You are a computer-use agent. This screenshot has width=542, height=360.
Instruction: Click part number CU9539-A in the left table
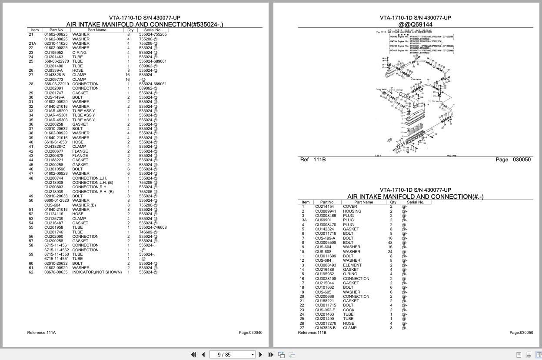pyautogui.click(x=53, y=70)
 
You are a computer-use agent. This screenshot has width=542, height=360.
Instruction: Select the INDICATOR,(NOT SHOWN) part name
pyautogui.click(x=97, y=272)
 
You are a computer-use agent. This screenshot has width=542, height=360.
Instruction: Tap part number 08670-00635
pyautogui.click(x=56, y=272)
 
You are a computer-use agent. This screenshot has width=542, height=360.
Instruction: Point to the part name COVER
pyautogui.click(x=350, y=207)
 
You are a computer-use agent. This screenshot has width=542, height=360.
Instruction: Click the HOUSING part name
pyautogui.click(x=352, y=211)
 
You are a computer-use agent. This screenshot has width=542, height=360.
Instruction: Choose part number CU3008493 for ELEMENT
pyautogui.click(x=326, y=265)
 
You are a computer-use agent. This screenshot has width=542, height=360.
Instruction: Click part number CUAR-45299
pyautogui.click(x=56, y=111)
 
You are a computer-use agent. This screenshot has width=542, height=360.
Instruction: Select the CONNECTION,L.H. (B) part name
pyautogui.click(x=93, y=183)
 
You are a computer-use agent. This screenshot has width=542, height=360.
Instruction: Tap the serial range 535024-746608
pyautogui.click(x=153, y=227)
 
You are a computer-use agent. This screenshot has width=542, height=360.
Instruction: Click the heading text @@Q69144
pyautogui.click(x=415, y=24)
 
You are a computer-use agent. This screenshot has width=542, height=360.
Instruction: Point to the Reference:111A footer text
pyautogui.click(x=41, y=333)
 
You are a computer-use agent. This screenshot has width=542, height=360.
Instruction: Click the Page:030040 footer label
pyautogui.click(x=250, y=333)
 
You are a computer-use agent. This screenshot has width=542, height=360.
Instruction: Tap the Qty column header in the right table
pyautogui.click(x=393, y=202)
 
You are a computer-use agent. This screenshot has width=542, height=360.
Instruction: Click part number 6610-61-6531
pyautogui.click(x=57, y=142)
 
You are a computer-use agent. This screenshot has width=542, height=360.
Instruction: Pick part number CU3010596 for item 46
pyautogui.click(x=55, y=169)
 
